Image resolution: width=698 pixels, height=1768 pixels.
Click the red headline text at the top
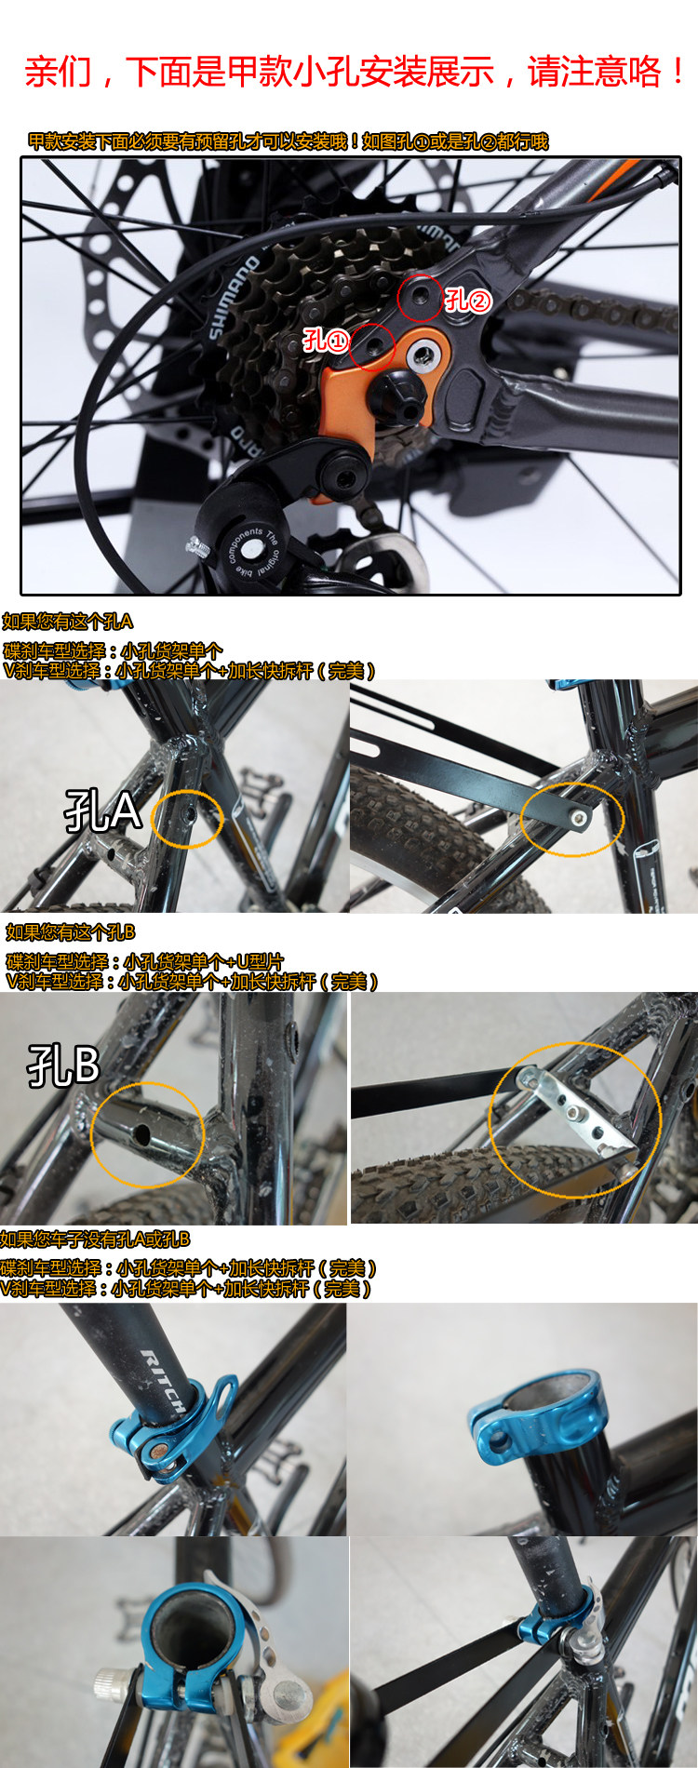[355, 72]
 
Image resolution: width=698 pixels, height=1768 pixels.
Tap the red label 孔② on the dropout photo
[466, 300]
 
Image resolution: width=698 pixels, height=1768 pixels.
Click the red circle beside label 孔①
[372, 346]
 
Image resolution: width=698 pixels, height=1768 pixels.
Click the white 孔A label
[101, 811]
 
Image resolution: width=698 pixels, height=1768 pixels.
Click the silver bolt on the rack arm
[580, 817]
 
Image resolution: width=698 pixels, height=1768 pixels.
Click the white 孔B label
[63, 1066]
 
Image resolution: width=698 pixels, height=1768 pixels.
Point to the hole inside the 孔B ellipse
[144, 1136]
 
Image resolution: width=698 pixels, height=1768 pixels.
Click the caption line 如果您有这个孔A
[68, 622]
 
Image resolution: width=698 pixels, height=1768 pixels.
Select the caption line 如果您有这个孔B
[71, 932]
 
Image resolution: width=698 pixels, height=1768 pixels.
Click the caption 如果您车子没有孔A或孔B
[95, 1239]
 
